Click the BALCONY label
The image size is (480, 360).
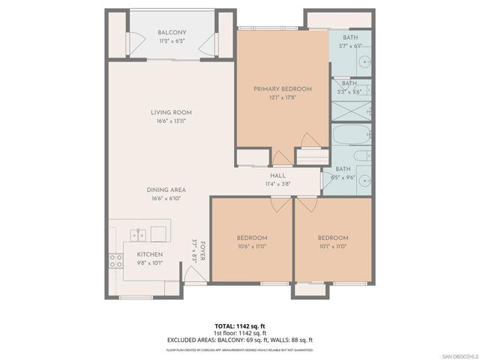pyautogui.click(x=172, y=32)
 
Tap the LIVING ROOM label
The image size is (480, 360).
pyautogui.click(x=172, y=113)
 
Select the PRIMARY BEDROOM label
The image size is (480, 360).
pyautogui.click(x=282, y=88)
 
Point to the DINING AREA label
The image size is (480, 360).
pyautogui.click(x=166, y=190)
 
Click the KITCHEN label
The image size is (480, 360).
pyautogui.click(x=149, y=254)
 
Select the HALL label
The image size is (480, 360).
pyautogui.click(x=277, y=175)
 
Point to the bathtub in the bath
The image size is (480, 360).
pyautogui.click(x=351, y=136)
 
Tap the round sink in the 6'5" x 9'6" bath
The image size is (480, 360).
pyautogui.click(x=364, y=181)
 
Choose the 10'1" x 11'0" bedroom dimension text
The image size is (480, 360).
pyautogui.click(x=332, y=245)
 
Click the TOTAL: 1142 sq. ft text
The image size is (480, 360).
pyautogui.click(x=239, y=325)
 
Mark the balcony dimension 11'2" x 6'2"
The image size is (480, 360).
pyautogui.click(x=172, y=40)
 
